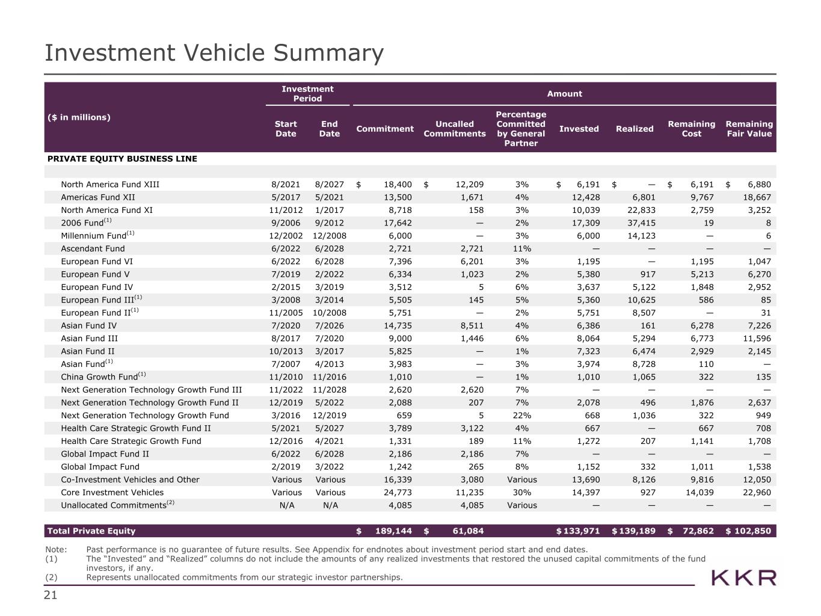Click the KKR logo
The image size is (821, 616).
pos(744,578)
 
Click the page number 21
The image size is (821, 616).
pos(51,595)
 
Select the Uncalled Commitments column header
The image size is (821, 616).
pos(454,129)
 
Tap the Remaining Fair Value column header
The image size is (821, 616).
pos(749,129)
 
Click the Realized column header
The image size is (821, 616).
pos(634,129)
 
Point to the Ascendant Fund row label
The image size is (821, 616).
pos(93,248)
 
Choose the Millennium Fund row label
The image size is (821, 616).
pos(93,236)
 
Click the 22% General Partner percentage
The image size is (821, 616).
pos(521,415)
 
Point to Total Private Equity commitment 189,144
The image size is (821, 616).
pos(392,531)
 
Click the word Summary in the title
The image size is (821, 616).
pos(328,53)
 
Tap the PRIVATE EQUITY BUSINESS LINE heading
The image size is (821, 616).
pos(122,159)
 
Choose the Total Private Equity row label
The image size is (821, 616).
pos(91,531)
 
